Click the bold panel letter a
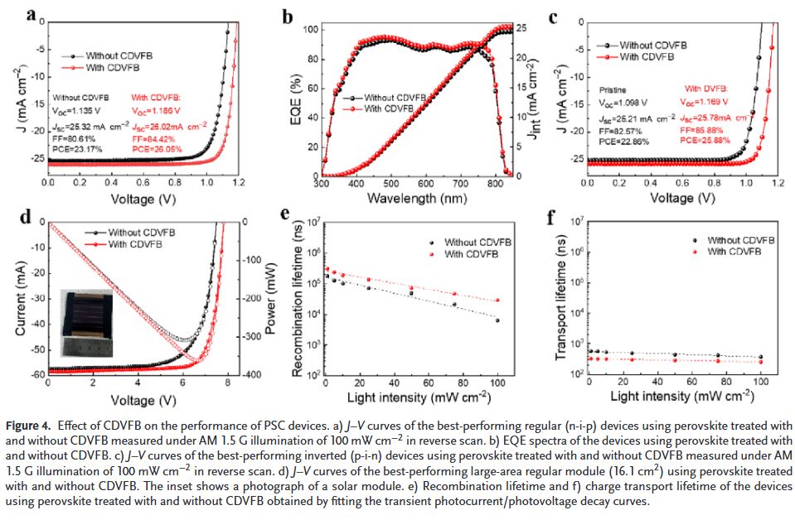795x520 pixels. tap(31, 14)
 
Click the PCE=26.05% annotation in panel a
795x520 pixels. tap(155, 149)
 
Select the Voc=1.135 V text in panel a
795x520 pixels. tap(80, 110)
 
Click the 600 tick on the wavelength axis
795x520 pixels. tap(425, 185)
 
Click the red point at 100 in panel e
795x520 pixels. tap(497, 300)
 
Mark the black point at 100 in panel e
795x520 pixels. tap(497, 320)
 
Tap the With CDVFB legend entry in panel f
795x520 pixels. tap(741, 250)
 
